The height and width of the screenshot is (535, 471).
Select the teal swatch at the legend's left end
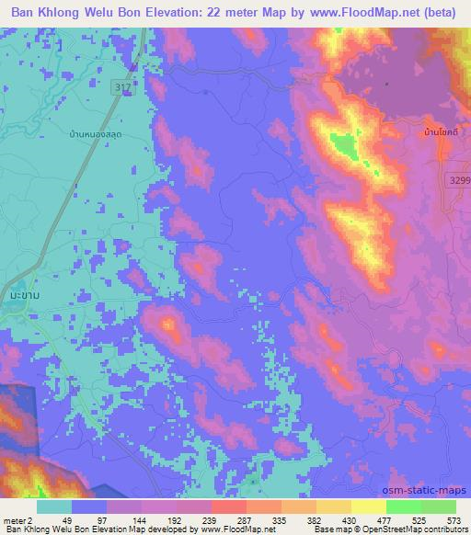click(x=54, y=507)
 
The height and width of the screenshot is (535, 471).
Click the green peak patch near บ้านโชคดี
click(x=341, y=144)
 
